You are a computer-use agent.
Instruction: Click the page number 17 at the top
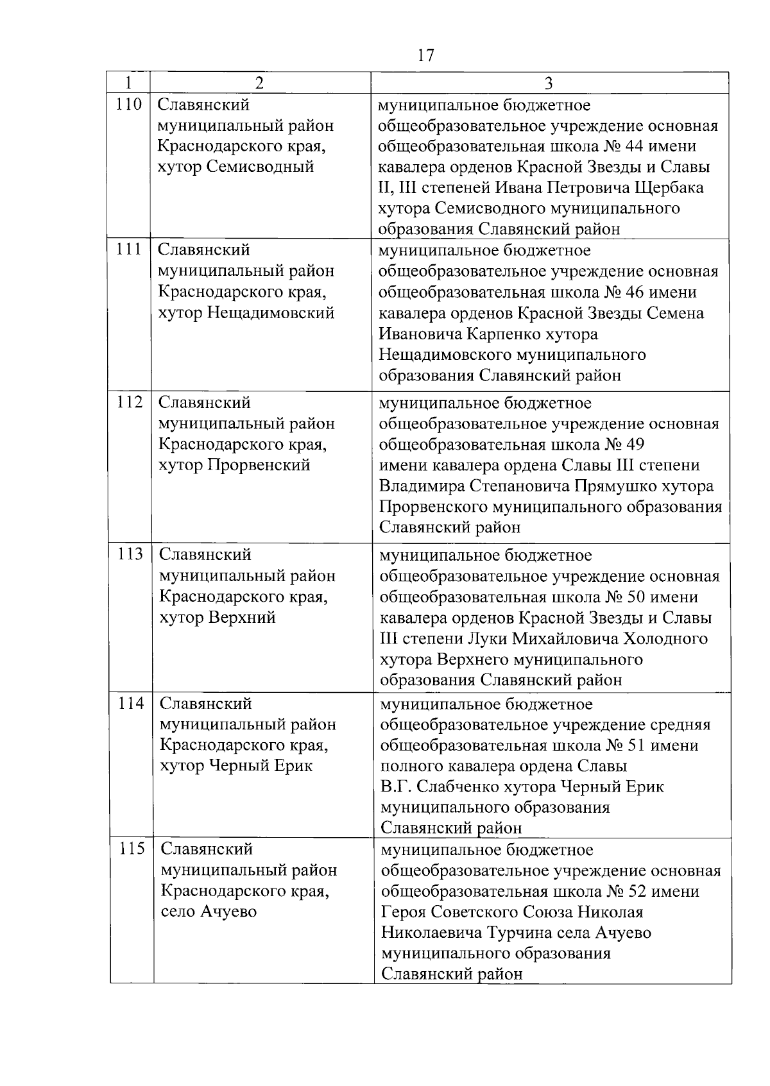pos(425,55)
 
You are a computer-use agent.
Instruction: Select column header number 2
pos(259,83)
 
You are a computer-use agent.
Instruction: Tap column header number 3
pos(549,83)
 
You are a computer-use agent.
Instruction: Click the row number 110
pos(129,104)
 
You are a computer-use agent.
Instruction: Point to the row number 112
pos(130,402)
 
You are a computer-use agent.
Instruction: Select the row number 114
pos(131,703)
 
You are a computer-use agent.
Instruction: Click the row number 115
pos(132,849)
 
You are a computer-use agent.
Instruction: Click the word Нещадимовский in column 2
pos(271,313)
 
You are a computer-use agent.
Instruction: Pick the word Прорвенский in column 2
pos(259,465)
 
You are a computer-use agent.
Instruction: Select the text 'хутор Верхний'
pos(218,617)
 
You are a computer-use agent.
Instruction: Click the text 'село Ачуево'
pos(209,912)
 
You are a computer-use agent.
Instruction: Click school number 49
pos(635,445)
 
